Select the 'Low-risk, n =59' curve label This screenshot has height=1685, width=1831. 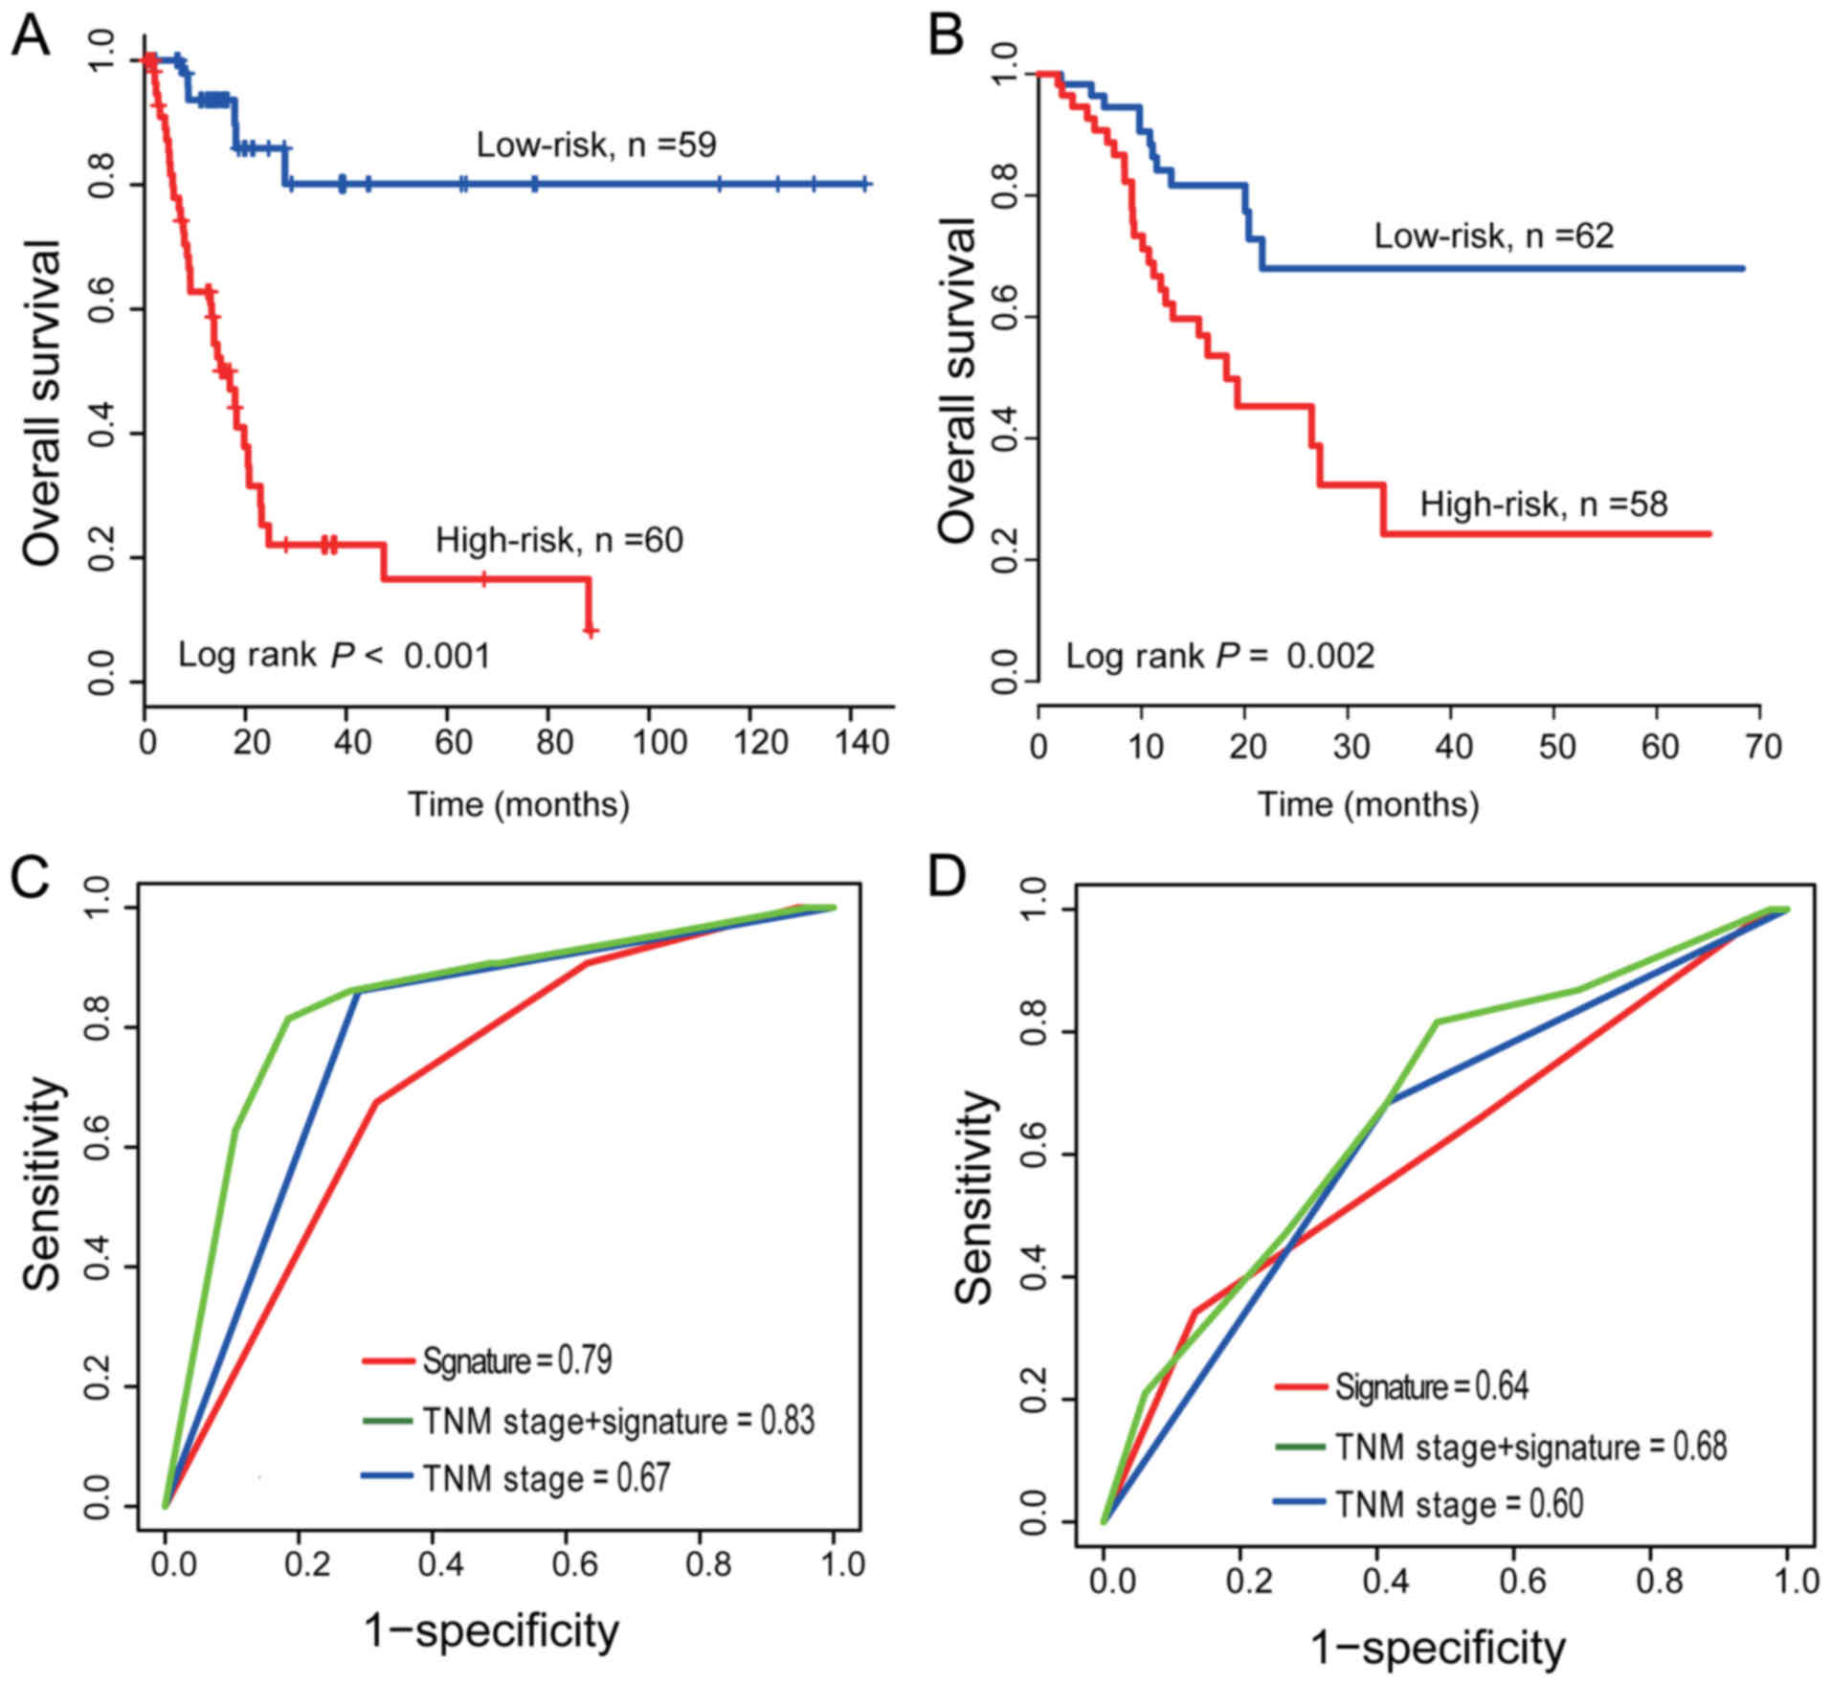click(x=596, y=145)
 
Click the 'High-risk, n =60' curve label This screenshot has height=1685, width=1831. click(x=560, y=540)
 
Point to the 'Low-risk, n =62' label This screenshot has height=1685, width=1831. click(x=1494, y=236)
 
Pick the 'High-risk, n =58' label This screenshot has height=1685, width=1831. click(x=1544, y=504)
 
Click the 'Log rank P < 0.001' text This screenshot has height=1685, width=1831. click(x=334, y=656)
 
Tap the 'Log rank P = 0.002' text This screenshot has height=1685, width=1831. click(x=1220, y=656)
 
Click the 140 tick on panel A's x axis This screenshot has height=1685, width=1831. click(x=862, y=743)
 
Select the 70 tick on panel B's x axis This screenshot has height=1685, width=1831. click(x=1761, y=747)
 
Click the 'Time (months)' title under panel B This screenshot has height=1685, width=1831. click(x=1368, y=804)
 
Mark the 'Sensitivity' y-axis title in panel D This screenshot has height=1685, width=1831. click(x=974, y=1197)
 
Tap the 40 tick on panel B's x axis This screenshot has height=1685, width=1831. click(x=1452, y=747)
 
